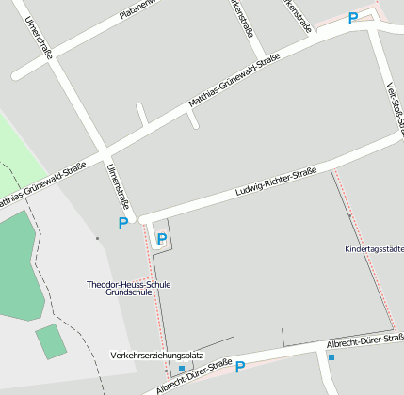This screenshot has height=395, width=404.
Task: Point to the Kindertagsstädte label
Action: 375,249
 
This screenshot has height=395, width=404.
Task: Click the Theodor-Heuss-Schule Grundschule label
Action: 128,288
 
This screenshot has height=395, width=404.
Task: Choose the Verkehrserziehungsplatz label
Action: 156,355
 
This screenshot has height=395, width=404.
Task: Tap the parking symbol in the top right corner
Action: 353,18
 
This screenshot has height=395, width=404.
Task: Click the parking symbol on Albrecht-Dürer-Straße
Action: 239,367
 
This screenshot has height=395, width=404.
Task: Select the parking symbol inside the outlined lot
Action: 161,239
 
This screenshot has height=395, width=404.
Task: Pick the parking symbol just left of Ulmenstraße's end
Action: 122,224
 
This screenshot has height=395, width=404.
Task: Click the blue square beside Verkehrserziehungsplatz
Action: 182,369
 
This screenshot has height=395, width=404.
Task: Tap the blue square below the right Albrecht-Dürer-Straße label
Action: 331,356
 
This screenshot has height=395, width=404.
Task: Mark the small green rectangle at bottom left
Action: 51,340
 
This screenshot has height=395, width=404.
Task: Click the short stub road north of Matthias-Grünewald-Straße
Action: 142,115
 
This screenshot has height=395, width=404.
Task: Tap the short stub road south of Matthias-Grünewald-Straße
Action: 192,118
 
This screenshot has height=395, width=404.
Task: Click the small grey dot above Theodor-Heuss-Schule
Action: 96,238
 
